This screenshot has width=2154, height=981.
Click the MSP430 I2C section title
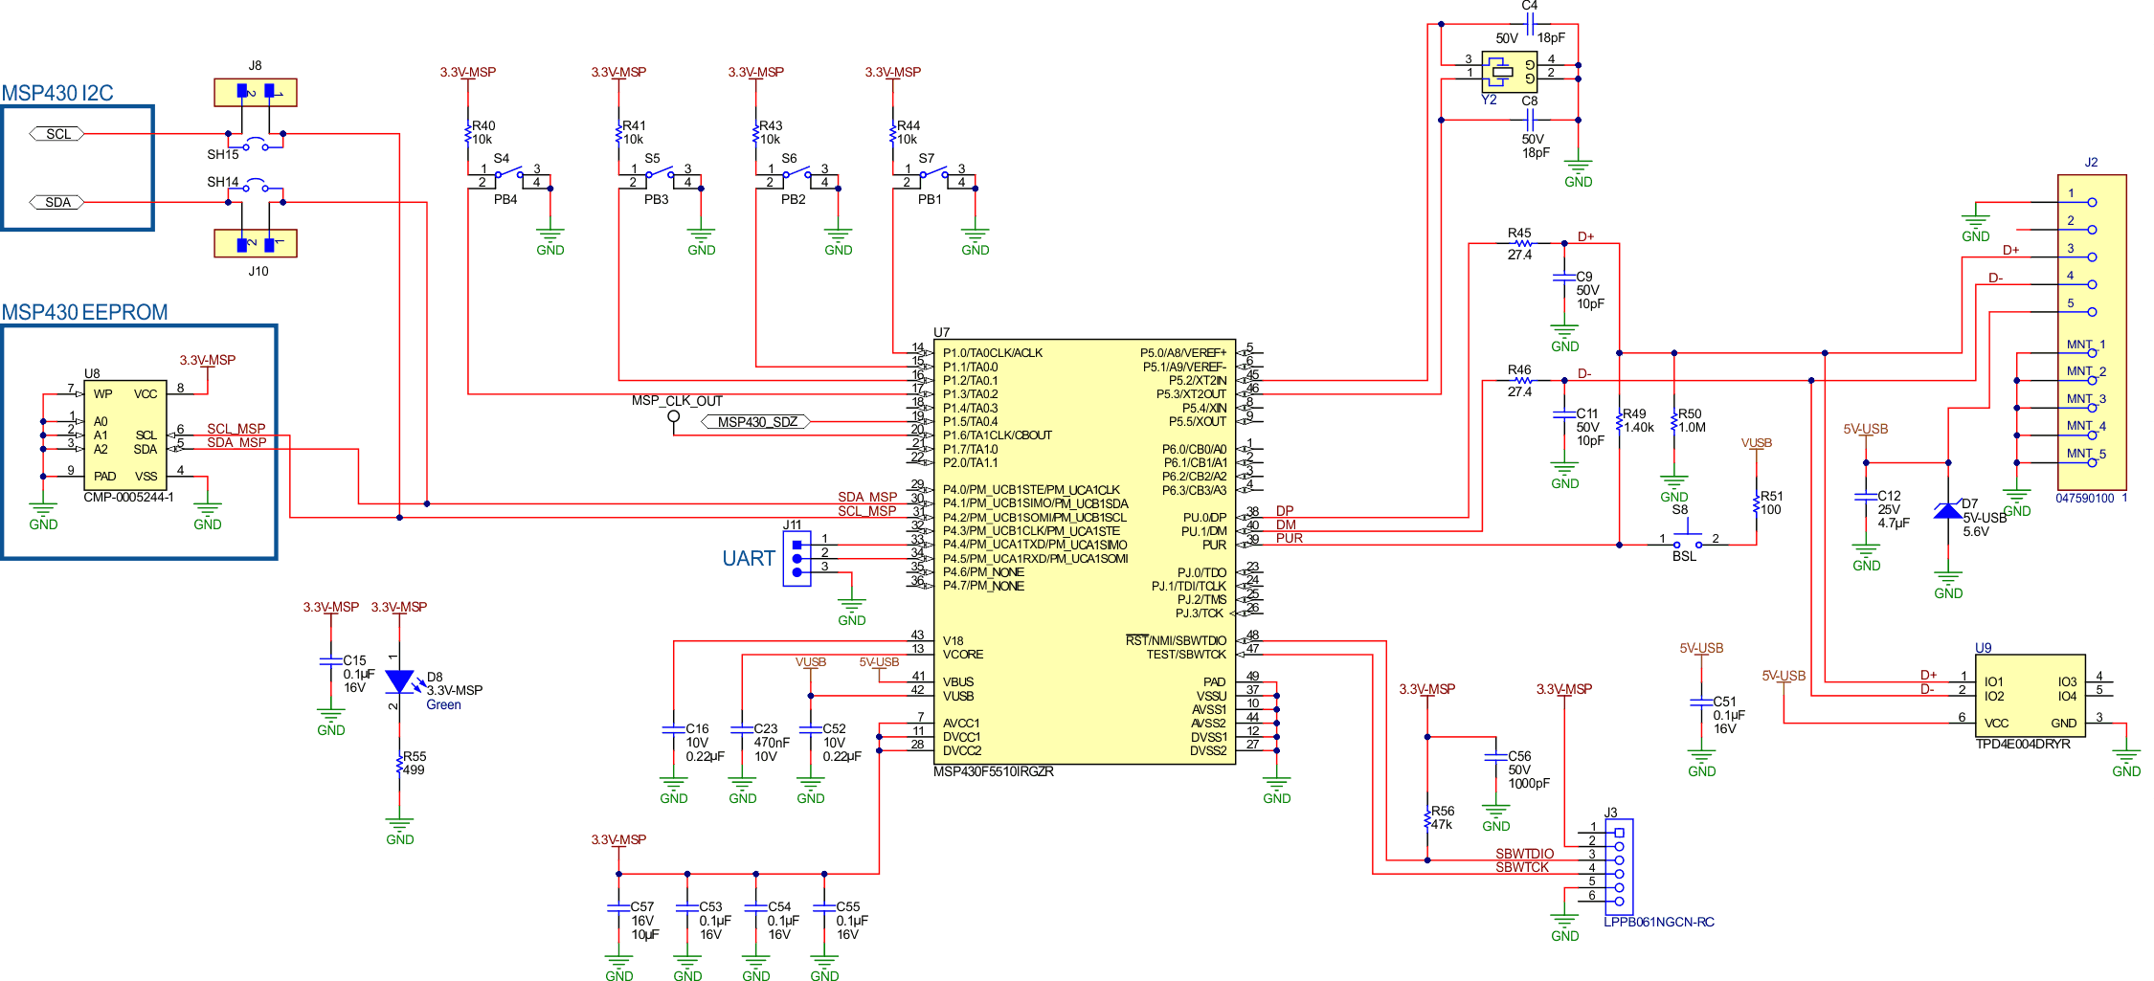pos(57,93)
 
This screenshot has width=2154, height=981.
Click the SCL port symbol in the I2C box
pos(57,134)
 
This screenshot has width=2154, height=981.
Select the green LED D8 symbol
pos(399,681)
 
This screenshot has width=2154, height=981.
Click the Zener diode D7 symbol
pos(1947,511)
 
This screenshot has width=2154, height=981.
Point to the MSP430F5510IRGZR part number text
pos(993,771)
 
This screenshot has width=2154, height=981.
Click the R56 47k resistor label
pos(1442,817)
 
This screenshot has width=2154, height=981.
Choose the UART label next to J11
pos(748,558)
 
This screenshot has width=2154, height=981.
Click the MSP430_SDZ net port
pos(756,422)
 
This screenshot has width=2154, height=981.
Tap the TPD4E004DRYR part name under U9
pos(2022,744)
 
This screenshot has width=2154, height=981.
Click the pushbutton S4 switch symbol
pos(508,175)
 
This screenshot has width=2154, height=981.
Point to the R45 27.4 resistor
pos(1518,243)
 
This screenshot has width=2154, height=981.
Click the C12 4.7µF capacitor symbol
pos(1866,497)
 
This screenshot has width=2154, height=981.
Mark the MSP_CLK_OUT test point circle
pos(674,415)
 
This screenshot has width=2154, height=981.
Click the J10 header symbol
pos(256,244)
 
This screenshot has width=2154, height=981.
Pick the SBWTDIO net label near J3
pos(1524,854)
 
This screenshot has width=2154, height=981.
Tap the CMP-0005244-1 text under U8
pos(128,498)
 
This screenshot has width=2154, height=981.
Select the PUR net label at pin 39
pos(1289,539)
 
